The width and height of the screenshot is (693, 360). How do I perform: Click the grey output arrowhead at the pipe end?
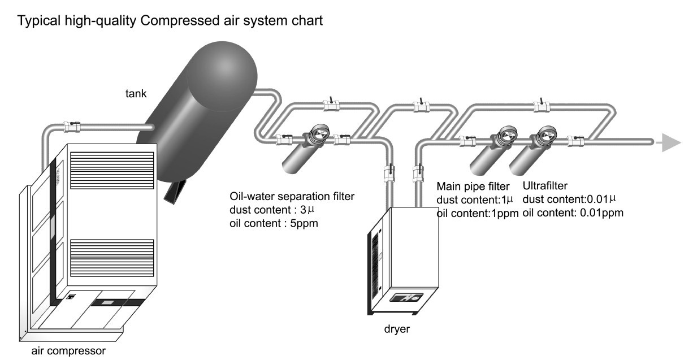(670, 142)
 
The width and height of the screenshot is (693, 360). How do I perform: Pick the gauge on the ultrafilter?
(545, 134)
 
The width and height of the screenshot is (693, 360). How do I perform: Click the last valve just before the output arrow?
(575, 139)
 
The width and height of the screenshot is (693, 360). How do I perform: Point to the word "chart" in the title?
(309, 22)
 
